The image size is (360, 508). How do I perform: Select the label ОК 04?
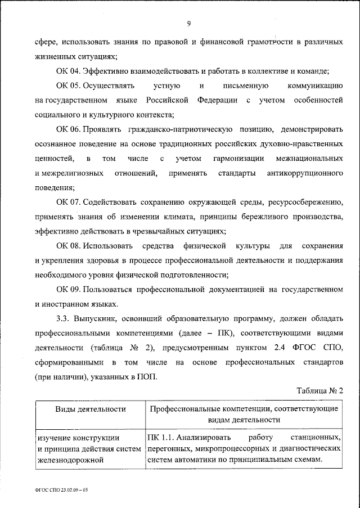pos(68,71)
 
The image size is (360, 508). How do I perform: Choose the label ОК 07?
pos(68,202)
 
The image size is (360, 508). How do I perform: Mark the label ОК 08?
pos(68,246)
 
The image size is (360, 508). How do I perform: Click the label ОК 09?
pos(68,290)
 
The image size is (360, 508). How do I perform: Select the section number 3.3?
pos(64,319)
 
